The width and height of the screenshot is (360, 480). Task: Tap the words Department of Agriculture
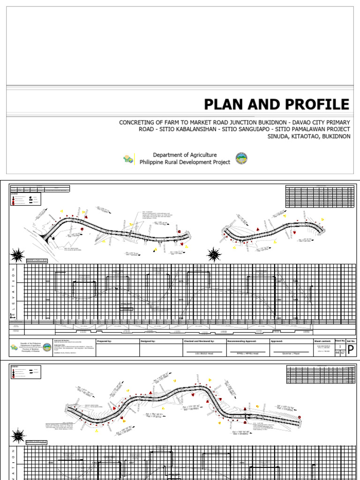point(185,155)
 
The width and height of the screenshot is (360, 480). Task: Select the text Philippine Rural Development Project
point(185,162)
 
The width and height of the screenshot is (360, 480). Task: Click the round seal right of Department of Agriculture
point(241,158)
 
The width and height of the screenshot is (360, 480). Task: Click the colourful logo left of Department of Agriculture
point(128,159)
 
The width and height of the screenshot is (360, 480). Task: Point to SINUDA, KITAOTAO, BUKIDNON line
point(308,136)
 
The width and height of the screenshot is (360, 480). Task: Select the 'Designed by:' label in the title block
point(148,342)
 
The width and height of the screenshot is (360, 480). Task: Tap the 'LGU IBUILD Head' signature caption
point(203,353)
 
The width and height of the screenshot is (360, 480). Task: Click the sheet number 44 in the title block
point(337,352)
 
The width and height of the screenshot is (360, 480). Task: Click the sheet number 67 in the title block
point(343,352)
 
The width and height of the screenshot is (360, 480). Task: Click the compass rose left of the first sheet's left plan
point(17,255)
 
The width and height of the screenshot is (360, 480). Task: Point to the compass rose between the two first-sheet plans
point(215,255)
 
